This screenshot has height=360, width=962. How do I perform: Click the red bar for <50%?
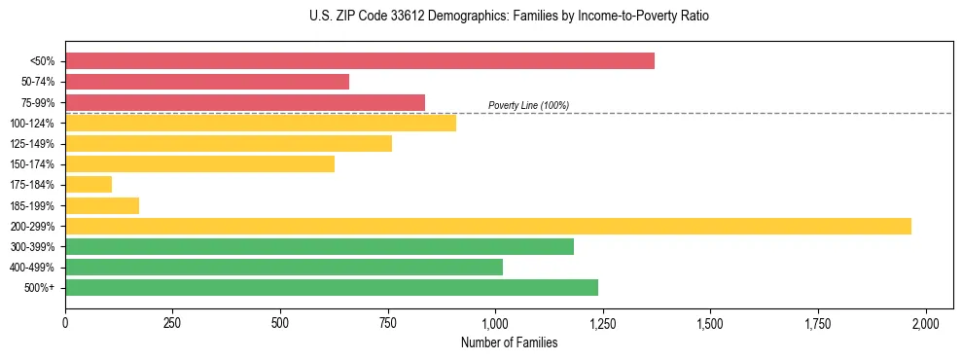coord(360,60)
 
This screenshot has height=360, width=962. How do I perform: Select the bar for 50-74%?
coord(207,82)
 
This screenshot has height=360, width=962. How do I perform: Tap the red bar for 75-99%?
coord(245,102)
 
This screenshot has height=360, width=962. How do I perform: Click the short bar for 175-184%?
coord(89,184)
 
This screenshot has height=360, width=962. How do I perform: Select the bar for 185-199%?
coord(102,205)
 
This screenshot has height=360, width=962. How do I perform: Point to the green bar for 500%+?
coord(332,287)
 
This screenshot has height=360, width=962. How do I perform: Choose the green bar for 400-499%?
coord(284,267)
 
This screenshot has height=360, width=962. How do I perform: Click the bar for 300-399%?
coord(319,246)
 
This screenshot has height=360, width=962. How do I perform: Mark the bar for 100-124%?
coord(261,123)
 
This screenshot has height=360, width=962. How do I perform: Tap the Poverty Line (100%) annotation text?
coord(528,105)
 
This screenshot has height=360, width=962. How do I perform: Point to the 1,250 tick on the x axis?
coord(603,322)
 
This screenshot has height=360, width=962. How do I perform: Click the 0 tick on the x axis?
coord(65,322)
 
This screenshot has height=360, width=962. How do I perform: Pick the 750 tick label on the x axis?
coord(388,322)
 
